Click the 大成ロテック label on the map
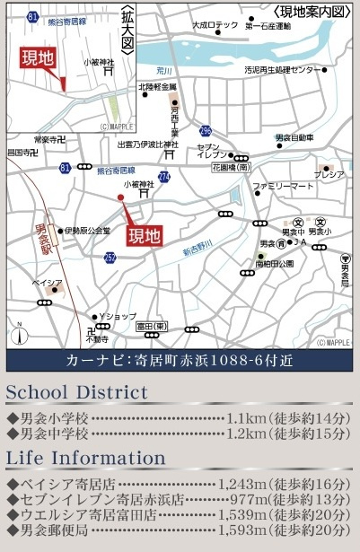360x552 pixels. pyautogui.click(x=215, y=26)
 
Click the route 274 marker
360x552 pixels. pyautogui.click(x=164, y=177)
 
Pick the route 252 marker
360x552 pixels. pyautogui.click(x=110, y=258)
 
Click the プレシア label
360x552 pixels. pyautogui.click(x=329, y=174)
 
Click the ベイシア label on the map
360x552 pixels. pyautogui.click(x=48, y=282)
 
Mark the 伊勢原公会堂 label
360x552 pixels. pyautogui.click(x=87, y=231)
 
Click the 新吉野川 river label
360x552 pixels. pyautogui.click(x=213, y=247)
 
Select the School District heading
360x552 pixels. pyautogui.click(x=77, y=392)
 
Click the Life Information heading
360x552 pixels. pyautogui.click(x=86, y=458)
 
